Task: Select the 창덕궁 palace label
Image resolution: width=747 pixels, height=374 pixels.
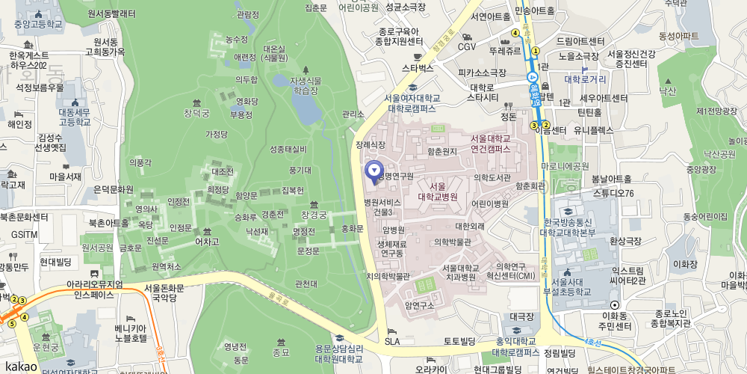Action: [197, 113]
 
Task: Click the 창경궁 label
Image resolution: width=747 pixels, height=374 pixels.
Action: [314, 215]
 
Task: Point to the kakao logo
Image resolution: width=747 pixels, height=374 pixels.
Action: [19, 366]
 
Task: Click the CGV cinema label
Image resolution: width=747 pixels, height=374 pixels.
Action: [467, 46]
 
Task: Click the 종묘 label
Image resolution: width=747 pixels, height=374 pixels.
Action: [281, 352]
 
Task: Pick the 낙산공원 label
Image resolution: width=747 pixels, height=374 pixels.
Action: [719, 154]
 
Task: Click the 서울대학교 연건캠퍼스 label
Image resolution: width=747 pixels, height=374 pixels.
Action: [491, 144]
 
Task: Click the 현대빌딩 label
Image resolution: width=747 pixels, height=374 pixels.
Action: [55, 261]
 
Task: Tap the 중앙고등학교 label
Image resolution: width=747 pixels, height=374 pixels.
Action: [38, 24]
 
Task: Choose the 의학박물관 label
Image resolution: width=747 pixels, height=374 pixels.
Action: [453, 242]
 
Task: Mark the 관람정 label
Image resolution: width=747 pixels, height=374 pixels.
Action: [247, 14]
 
